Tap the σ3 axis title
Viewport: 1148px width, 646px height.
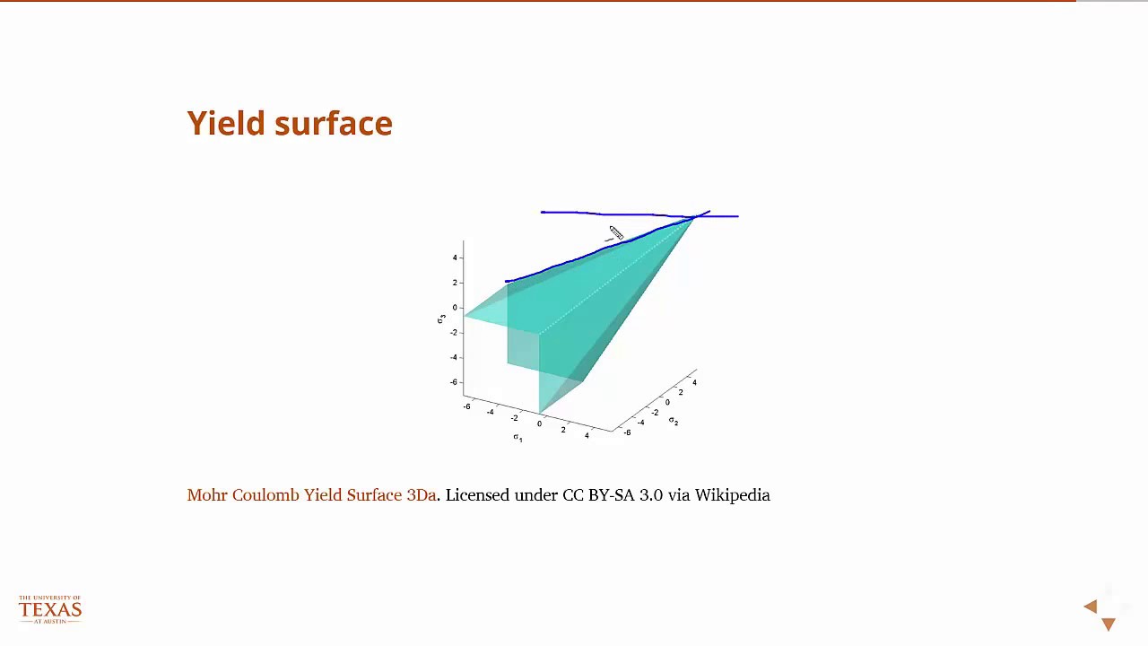pyautogui.click(x=441, y=319)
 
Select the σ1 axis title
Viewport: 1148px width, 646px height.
pyautogui.click(x=517, y=437)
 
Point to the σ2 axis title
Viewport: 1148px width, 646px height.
pyautogui.click(x=674, y=420)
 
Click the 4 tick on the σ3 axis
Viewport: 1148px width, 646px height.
pyautogui.click(x=455, y=258)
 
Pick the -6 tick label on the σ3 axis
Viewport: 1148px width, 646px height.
pyautogui.click(x=454, y=382)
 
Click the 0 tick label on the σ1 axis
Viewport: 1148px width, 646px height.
pyautogui.click(x=539, y=423)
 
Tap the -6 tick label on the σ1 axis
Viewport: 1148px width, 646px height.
pyautogui.click(x=466, y=406)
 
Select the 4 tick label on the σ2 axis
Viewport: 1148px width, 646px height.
pyautogui.click(x=694, y=382)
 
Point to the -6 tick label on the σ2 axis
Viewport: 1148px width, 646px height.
pyautogui.click(x=626, y=432)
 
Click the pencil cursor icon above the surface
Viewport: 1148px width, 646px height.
pyautogui.click(x=615, y=233)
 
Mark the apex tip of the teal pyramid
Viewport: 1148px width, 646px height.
pyautogui.click(x=695, y=217)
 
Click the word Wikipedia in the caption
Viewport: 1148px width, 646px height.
pyautogui.click(x=732, y=495)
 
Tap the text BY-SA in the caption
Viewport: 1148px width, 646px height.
pyautogui.click(x=611, y=495)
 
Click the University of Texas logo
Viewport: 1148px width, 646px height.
pyautogui.click(x=50, y=609)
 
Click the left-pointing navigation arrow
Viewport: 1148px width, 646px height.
pyautogui.click(x=1091, y=607)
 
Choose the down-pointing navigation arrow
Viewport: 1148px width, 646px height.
pyautogui.click(x=1109, y=624)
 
